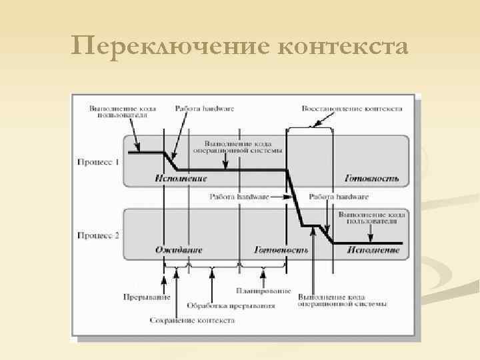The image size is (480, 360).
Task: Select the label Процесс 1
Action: (x=98, y=162)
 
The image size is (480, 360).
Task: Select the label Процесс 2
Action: (x=98, y=235)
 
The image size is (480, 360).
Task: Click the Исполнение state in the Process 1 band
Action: (x=181, y=179)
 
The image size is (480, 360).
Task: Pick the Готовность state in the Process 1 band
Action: (x=372, y=179)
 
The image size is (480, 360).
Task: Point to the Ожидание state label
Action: (x=179, y=250)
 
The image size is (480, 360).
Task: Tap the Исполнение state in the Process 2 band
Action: (x=373, y=250)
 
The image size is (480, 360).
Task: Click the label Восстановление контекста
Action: (x=351, y=107)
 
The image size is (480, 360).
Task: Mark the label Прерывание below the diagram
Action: (x=146, y=296)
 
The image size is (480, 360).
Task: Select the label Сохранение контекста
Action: (x=193, y=320)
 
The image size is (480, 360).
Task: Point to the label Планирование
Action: (x=263, y=291)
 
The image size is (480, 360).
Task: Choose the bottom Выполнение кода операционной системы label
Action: (x=342, y=301)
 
